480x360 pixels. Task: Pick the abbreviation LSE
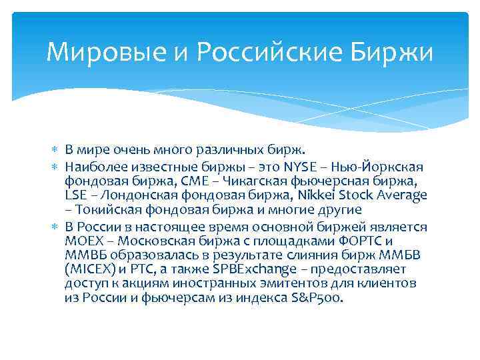click(77, 195)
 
